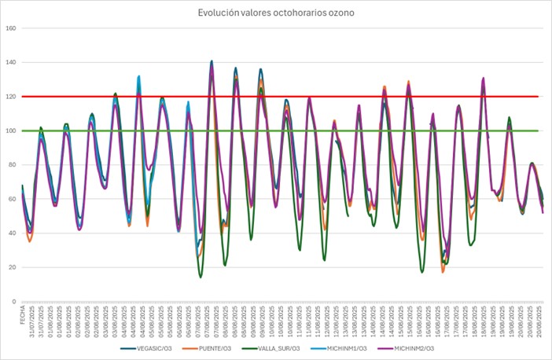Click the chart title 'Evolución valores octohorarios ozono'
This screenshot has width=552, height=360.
[x=276, y=12]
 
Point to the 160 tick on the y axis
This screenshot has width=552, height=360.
[x=10, y=29]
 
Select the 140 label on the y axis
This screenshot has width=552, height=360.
[x=10, y=63]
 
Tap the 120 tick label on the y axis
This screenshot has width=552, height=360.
[x=10, y=97]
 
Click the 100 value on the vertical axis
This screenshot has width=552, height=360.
[x=10, y=131]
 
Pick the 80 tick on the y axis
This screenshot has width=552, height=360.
[x=12, y=165]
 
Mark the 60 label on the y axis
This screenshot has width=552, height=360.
[x=12, y=200]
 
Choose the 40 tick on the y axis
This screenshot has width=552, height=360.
[x=12, y=233]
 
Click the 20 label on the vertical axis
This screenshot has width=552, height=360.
[x=12, y=267]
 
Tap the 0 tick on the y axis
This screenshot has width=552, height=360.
[x=14, y=302]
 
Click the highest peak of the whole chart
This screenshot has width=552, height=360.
[x=212, y=61]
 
